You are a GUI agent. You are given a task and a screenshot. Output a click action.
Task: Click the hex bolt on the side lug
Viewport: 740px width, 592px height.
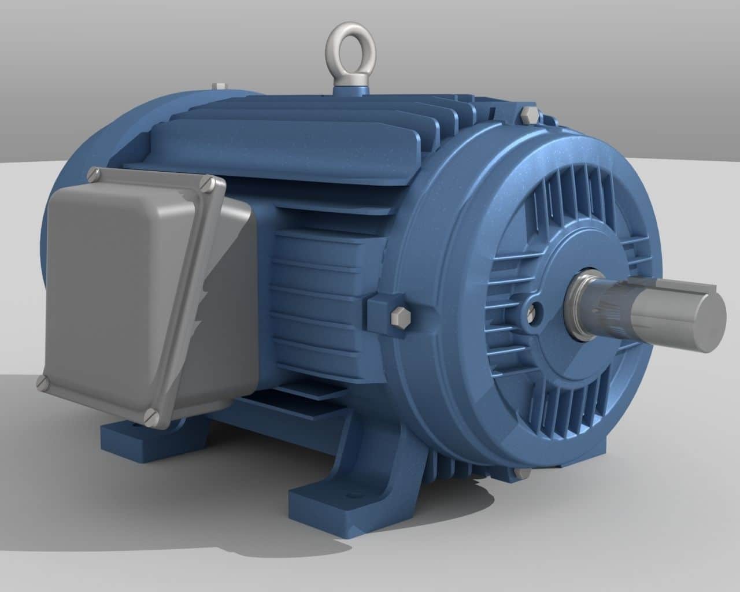tap(399, 317)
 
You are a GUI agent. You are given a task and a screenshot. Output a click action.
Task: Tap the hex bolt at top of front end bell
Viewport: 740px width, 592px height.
tap(527, 114)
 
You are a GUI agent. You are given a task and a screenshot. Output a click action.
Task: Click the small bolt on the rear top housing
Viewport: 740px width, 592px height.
tap(219, 87)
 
